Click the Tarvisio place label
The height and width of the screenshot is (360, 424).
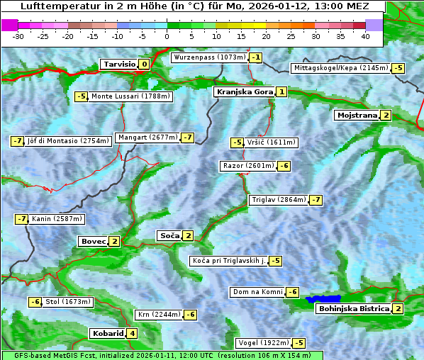tap(118, 64)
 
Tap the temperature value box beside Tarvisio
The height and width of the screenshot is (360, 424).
tap(144, 64)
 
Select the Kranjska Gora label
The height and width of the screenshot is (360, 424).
tap(244, 92)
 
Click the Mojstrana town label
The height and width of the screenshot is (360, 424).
tap(357, 116)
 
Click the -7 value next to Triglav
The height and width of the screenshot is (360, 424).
tap(316, 200)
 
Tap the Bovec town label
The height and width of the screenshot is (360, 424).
tap(93, 242)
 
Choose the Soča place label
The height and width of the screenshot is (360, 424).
tap(169, 236)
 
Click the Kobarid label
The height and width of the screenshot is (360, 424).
tap(108, 334)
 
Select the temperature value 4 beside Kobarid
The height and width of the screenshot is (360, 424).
tap(132, 334)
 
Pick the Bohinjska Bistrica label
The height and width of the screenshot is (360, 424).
tap(353, 309)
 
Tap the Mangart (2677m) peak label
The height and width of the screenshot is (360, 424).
tap(148, 137)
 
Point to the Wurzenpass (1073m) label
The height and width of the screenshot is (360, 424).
tap(210, 57)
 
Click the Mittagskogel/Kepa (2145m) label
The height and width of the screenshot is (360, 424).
tap(341, 68)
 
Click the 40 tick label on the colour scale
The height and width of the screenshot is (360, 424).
tap(365, 36)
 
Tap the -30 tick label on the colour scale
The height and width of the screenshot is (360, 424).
tap(18, 36)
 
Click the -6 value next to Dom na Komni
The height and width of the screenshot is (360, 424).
tap(292, 292)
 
